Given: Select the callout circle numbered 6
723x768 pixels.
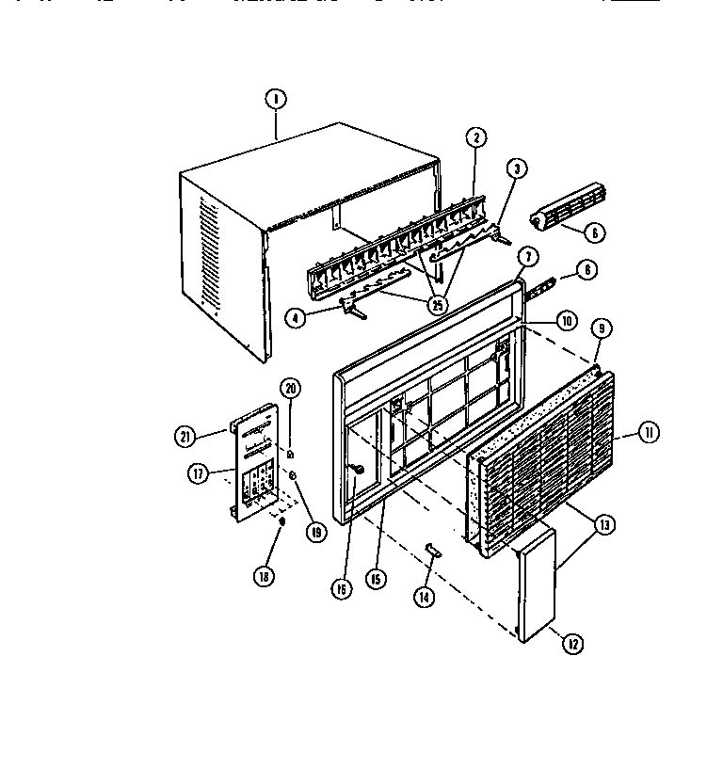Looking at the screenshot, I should pos(598,232).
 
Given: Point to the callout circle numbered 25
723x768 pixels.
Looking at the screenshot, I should pos(437,304).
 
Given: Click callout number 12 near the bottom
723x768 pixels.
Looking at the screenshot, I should pos(571,644).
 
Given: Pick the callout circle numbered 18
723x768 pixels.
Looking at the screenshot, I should pos(265,576).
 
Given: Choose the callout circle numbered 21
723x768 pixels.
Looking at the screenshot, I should pos(185,435).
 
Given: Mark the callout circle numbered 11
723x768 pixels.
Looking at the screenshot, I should pos(649,434).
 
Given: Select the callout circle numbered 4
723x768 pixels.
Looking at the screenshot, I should pos(296,317).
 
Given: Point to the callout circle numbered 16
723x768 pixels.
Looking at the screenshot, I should pos(341,589).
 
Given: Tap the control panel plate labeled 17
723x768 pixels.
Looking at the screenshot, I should pos(252,461).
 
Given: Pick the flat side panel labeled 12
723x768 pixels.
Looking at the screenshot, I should pos(538,584).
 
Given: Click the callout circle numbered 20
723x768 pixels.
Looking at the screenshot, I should pos(290,390).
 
